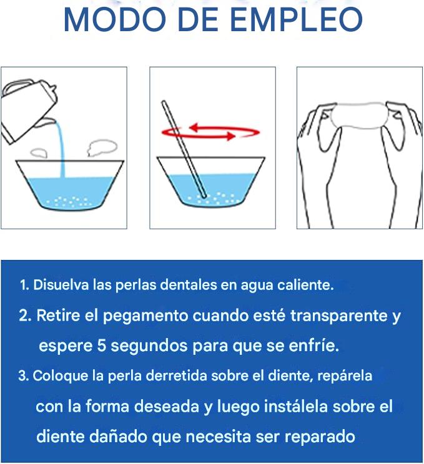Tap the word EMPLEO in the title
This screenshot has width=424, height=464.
[x=296, y=19]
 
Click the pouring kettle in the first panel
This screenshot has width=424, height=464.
[x=29, y=110]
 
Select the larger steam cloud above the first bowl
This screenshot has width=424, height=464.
[x=102, y=147]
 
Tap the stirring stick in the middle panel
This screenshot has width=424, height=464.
[x=184, y=149]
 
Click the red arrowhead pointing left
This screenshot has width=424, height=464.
[x=195, y=128]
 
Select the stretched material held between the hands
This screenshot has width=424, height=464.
[x=359, y=116]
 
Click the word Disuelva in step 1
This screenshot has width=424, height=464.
[x=61, y=285]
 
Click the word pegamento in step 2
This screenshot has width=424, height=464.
[x=145, y=316]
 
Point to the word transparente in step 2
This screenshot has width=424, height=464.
[x=338, y=316]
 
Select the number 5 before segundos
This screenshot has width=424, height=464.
[x=101, y=346]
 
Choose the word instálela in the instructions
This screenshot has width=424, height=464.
[x=296, y=406]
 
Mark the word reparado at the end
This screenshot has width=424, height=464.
[x=320, y=437]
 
